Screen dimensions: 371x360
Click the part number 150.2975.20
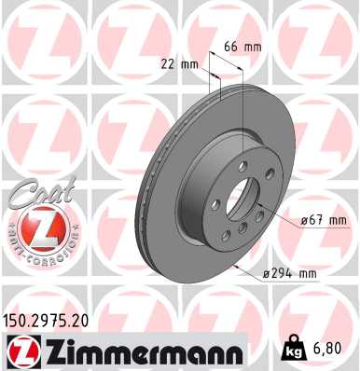tap(48, 320)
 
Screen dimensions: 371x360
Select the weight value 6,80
tap(334, 349)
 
